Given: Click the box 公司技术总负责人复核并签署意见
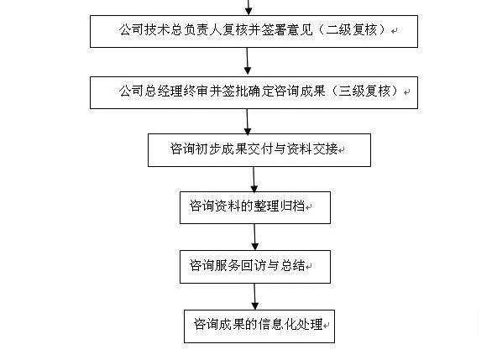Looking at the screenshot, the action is point(254,31).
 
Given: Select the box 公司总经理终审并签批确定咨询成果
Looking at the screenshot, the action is point(254,92).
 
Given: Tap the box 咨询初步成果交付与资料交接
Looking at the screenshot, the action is point(259,150).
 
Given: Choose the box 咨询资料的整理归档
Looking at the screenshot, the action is point(255,207).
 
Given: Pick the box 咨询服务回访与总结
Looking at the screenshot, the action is point(255,267).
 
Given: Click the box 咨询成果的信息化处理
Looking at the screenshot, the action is point(259,326).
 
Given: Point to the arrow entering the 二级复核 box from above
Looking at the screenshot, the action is point(248,8).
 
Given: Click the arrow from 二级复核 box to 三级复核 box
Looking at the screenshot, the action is point(248,61).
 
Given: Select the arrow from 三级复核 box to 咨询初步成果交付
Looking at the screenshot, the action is point(248,122).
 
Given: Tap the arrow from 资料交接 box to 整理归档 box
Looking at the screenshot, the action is point(254,180).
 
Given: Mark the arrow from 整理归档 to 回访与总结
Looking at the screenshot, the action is point(255,237).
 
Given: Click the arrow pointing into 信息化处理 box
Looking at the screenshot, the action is point(255,296).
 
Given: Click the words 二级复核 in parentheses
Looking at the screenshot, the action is point(352,29).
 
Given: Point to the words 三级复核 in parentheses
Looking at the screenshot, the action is point(364,91).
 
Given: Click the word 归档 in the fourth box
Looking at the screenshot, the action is point(292,206).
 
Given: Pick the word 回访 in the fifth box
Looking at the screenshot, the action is point(254,265).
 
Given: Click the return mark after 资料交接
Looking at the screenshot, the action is point(342,150).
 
